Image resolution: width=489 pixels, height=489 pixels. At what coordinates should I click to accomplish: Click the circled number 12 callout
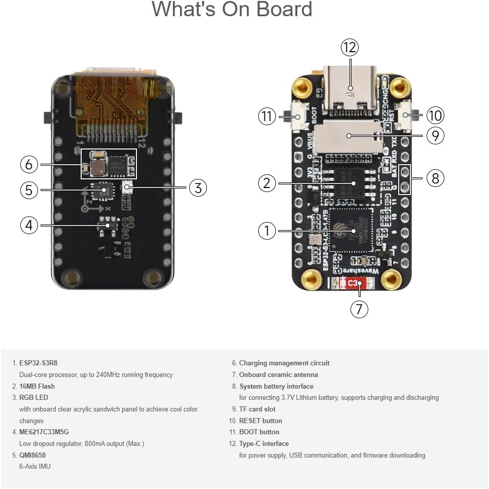click(349, 48)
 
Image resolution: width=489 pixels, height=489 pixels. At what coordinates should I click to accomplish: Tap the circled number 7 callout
click(359, 309)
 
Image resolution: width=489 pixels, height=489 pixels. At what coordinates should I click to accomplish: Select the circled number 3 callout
click(198, 188)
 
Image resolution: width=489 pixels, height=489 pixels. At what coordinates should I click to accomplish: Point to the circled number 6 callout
click(29, 164)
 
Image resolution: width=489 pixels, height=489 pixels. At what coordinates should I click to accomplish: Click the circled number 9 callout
click(435, 135)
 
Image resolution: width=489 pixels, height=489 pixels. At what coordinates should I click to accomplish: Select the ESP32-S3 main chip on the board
click(350, 231)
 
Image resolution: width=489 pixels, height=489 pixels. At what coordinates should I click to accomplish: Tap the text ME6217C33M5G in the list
click(44, 432)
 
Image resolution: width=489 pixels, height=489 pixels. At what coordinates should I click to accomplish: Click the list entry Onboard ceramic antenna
click(278, 375)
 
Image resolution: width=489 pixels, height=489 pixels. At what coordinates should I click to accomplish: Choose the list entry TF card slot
click(257, 409)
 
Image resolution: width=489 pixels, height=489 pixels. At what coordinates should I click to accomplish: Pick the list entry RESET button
click(260, 421)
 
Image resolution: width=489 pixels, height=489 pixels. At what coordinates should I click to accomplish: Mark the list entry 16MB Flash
click(37, 387)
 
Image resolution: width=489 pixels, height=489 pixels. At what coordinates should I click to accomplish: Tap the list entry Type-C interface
click(264, 444)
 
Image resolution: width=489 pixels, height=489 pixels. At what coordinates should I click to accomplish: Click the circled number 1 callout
click(267, 231)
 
